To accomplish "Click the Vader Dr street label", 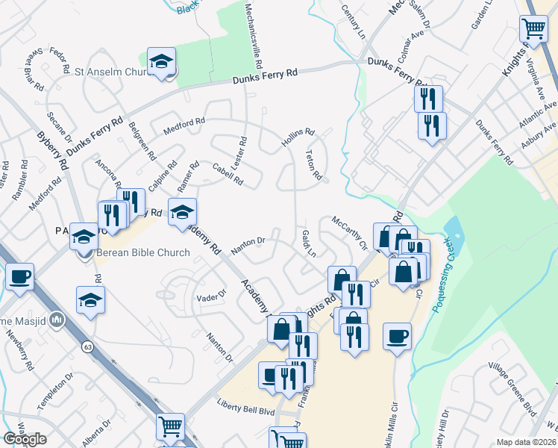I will (211, 296).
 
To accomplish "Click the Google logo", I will (25, 439).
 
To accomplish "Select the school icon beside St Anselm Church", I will (161, 62).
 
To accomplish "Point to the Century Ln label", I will (354, 21).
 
